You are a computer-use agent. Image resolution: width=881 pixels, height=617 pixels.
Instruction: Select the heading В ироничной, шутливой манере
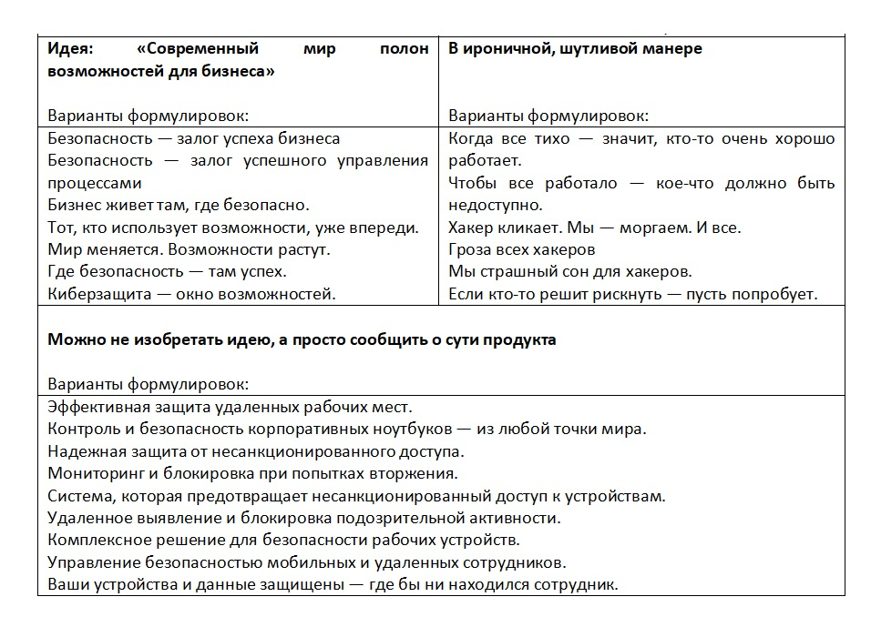coord(575,48)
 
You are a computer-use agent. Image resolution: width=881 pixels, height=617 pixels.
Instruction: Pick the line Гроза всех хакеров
coord(522,248)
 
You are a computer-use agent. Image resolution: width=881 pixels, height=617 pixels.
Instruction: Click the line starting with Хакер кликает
coord(595,227)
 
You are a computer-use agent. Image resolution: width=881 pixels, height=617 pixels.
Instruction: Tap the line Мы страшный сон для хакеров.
coord(570,271)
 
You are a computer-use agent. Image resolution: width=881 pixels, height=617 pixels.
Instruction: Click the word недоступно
coord(496,205)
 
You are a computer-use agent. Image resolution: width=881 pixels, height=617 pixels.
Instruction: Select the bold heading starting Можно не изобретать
coord(301,339)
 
